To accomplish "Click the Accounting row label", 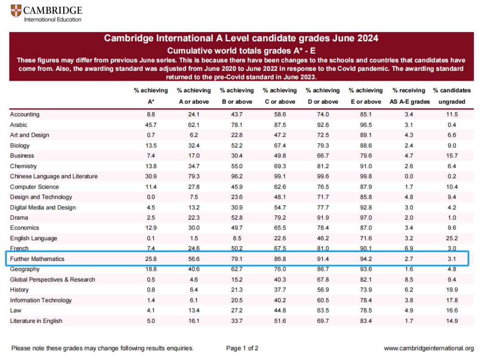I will click(x=25, y=114).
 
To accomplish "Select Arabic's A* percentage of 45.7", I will click(x=151, y=125).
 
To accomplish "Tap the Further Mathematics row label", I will click(x=37, y=259).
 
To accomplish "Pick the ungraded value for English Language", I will click(x=452, y=238).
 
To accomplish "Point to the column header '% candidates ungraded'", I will click(x=452, y=96).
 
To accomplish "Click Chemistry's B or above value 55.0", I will click(x=237, y=166).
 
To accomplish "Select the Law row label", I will click(x=16, y=310).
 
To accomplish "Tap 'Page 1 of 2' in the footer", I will click(x=242, y=348).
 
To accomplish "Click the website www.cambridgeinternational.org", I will click(x=428, y=348).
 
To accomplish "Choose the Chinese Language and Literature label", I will click(x=54, y=176).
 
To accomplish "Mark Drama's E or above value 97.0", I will click(x=366, y=217).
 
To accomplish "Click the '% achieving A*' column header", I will click(x=151, y=96).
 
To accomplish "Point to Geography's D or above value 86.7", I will click(x=323, y=269).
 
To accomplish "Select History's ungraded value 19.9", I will click(x=452, y=290).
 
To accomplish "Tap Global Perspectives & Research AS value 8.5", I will click(x=409, y=279).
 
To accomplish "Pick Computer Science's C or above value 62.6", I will click(x=280, y=187).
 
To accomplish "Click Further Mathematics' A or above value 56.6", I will click(x=194, y=259).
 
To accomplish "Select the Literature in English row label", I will click(x=36, y=321).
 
